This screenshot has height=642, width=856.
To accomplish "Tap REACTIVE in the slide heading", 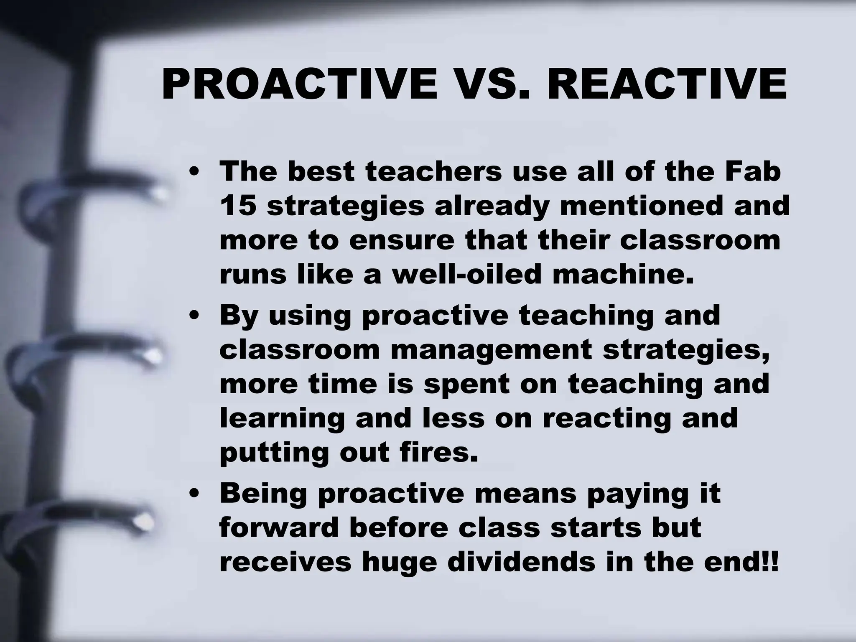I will (664, 85).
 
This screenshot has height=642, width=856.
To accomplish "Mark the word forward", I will (279, 528).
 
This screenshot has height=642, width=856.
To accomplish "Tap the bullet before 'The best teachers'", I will (193, 172).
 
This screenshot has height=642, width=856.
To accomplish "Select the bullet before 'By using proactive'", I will (193, 316).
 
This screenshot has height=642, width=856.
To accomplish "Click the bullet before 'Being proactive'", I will (193, 494).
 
